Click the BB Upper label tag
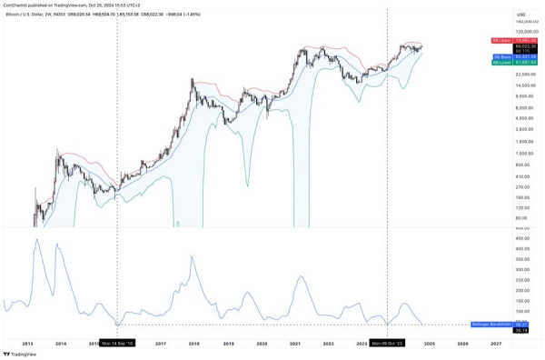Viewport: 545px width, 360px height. click(x=499, y=41)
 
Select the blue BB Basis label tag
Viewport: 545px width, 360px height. click(x=499, y=56)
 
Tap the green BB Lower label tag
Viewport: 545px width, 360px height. click(x=499, y=63)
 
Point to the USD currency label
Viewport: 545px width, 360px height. click(x=521, y=15)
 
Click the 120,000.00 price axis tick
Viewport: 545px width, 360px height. click(x=526, y=32)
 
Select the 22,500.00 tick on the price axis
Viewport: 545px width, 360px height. click(x=526, y=75)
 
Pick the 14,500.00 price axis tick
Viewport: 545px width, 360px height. click(x=526, y=85)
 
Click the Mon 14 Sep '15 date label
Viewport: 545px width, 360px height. click(x=117, y=344)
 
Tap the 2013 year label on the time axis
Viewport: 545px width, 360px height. click(x=28, y=344)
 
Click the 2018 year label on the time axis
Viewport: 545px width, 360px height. click(x=193, y=344)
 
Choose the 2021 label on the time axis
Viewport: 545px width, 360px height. click(x=295, y=344)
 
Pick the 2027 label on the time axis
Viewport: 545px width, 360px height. click(x=495, y=344)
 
